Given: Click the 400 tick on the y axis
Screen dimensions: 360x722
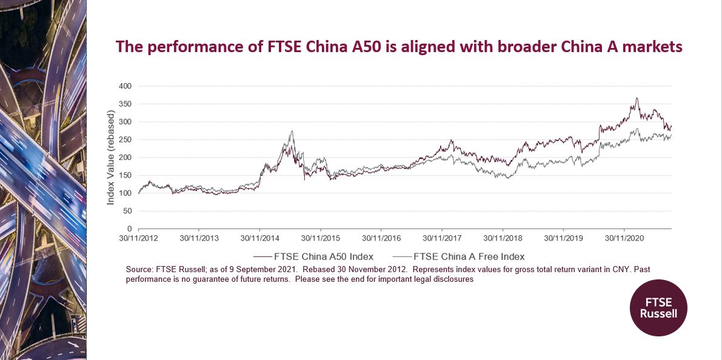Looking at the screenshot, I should [124, 86].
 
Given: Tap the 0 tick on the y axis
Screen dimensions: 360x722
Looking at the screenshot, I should [129, 228].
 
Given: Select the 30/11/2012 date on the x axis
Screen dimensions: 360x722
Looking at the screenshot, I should [139, 239].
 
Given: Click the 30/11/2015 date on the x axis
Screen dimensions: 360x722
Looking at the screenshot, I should [321, 239].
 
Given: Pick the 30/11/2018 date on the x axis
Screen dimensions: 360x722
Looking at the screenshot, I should [503, 239].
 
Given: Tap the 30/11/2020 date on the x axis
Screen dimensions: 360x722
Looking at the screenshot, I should [624, 239].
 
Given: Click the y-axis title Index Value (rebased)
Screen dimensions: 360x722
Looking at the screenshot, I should [111, 158].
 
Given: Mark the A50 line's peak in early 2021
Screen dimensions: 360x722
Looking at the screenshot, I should [637, 98].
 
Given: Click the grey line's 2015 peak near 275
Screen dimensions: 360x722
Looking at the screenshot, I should [292, 131].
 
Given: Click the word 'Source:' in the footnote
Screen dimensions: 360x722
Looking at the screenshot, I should [140, 269].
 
